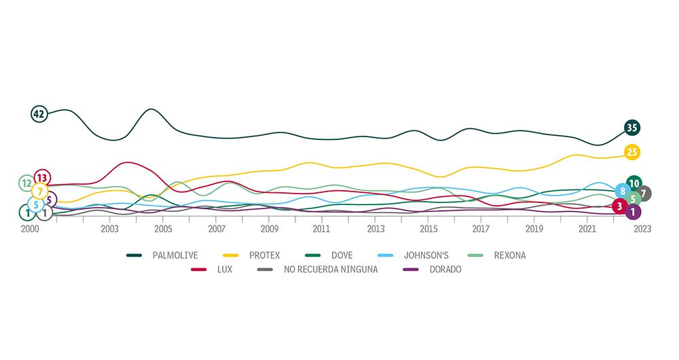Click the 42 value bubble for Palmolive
[x=39, y=114]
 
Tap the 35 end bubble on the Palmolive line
[x=632, y=128]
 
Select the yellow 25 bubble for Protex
[x=632, y=152]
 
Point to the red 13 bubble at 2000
[x=42, y=178]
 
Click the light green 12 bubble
[x=26, y=183]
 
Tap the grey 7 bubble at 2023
[x=644, y=194]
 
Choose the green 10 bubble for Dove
[x=634, y=183]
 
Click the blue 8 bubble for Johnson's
[x=622, y=192]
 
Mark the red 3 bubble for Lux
[x=619, y=206]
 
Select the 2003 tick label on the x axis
[x=110, y=230]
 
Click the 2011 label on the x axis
[x=322, y=230]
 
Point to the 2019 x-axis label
[x=534, y=230]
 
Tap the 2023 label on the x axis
[x=642, y=230]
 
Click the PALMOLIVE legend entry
[x=175, y=255]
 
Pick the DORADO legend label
[x=444, y=270]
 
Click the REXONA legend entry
[x=509, y=255]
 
